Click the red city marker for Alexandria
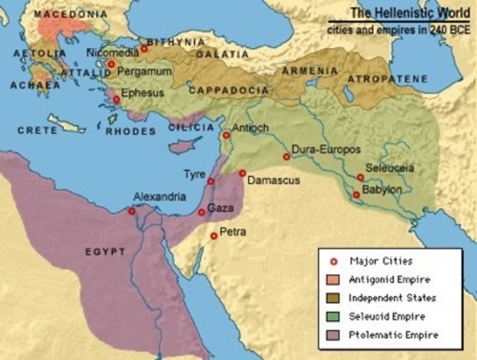(132, 211)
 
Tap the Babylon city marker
(356, 194)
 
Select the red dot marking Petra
(214, 235)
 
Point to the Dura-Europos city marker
(286, 157)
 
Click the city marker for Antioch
(226, 135)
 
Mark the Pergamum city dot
(111, 64)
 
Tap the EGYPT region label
(106, 252)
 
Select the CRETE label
(37, 130)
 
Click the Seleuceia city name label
(389, 168)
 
